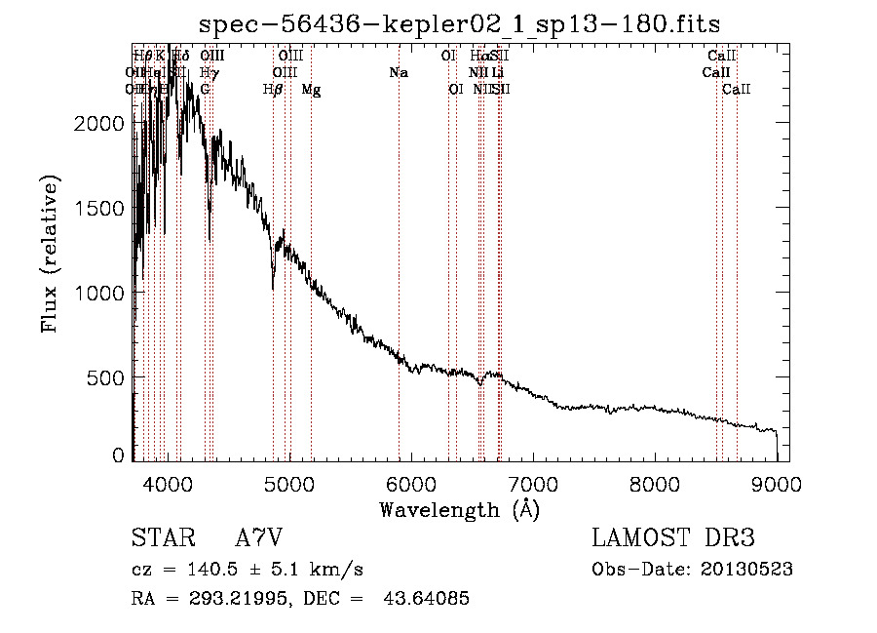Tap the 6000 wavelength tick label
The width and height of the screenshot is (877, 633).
point(411,484)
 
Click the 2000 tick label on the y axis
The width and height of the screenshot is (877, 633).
point(102,124)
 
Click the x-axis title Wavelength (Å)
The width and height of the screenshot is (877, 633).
point(459,509)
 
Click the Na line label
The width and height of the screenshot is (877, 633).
point(398,73)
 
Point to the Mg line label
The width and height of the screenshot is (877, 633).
point(311,90)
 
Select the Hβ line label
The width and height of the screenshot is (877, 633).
point(273,90)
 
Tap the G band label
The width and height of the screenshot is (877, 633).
point(205,90)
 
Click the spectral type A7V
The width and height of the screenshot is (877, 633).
point(260,538)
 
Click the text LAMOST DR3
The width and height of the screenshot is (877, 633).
point(673,538)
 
